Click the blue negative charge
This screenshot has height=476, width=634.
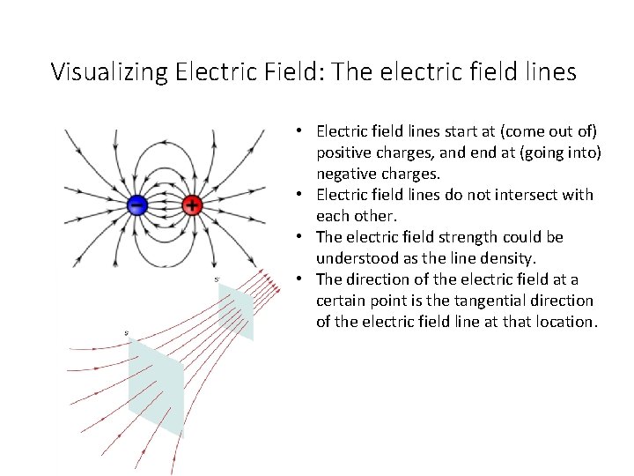tap(136, 205)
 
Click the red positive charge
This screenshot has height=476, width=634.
tap(192, 205)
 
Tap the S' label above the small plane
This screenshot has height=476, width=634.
tap(217, 280)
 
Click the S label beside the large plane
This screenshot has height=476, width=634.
tap(127, 332)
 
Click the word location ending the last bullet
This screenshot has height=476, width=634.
tap(564, 322)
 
